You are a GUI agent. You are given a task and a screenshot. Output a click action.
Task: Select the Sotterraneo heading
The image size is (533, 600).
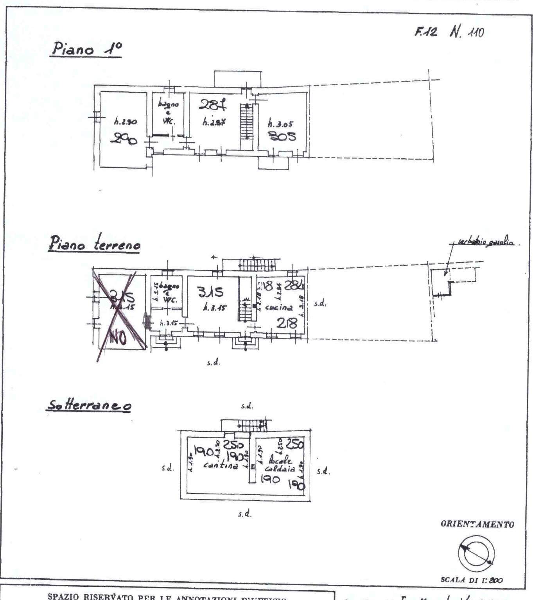pyautogui.click(x=89, y=405)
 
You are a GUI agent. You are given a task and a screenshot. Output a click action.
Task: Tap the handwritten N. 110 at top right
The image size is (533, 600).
pyautogui.click(x=467, y=32)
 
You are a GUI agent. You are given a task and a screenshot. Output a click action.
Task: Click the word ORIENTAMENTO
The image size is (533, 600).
pyautogui.click(x=477, y=525)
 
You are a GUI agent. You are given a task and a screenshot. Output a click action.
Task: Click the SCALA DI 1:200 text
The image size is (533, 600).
pyautogui.click(x=472, y=580)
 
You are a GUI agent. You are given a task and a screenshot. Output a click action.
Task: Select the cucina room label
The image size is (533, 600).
pyautogui.click(x=278, y=308)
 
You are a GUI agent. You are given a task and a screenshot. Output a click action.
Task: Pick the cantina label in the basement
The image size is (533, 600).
pyautogui.click(x=221, y=466)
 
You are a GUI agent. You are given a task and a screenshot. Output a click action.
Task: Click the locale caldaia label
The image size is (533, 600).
pyautogui.click(x=280, y=464)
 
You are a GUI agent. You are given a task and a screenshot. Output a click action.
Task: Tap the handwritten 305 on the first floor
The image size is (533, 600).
pyautogui.click(x=282, y=136)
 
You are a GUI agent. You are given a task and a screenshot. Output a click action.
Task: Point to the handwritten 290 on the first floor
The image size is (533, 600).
pyautogui.click(x=124, y=138)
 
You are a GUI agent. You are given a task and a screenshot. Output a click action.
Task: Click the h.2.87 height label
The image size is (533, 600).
pyautogui.click(x=214, y=122)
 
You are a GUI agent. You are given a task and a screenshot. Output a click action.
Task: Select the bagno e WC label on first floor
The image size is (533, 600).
pyautogui.click(x=169, y=112)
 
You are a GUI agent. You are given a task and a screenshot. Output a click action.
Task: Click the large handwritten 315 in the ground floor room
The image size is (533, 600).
pyautogui.click(x=210, y=292)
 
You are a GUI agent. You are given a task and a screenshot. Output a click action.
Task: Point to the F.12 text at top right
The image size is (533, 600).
pyautogui.click(x=425, y=32)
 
